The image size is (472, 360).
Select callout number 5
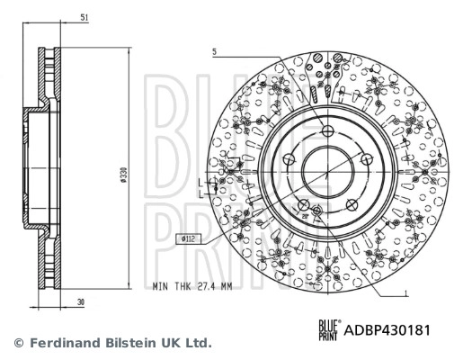215,52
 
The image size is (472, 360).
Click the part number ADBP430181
387,329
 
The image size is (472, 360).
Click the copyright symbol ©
18,343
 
